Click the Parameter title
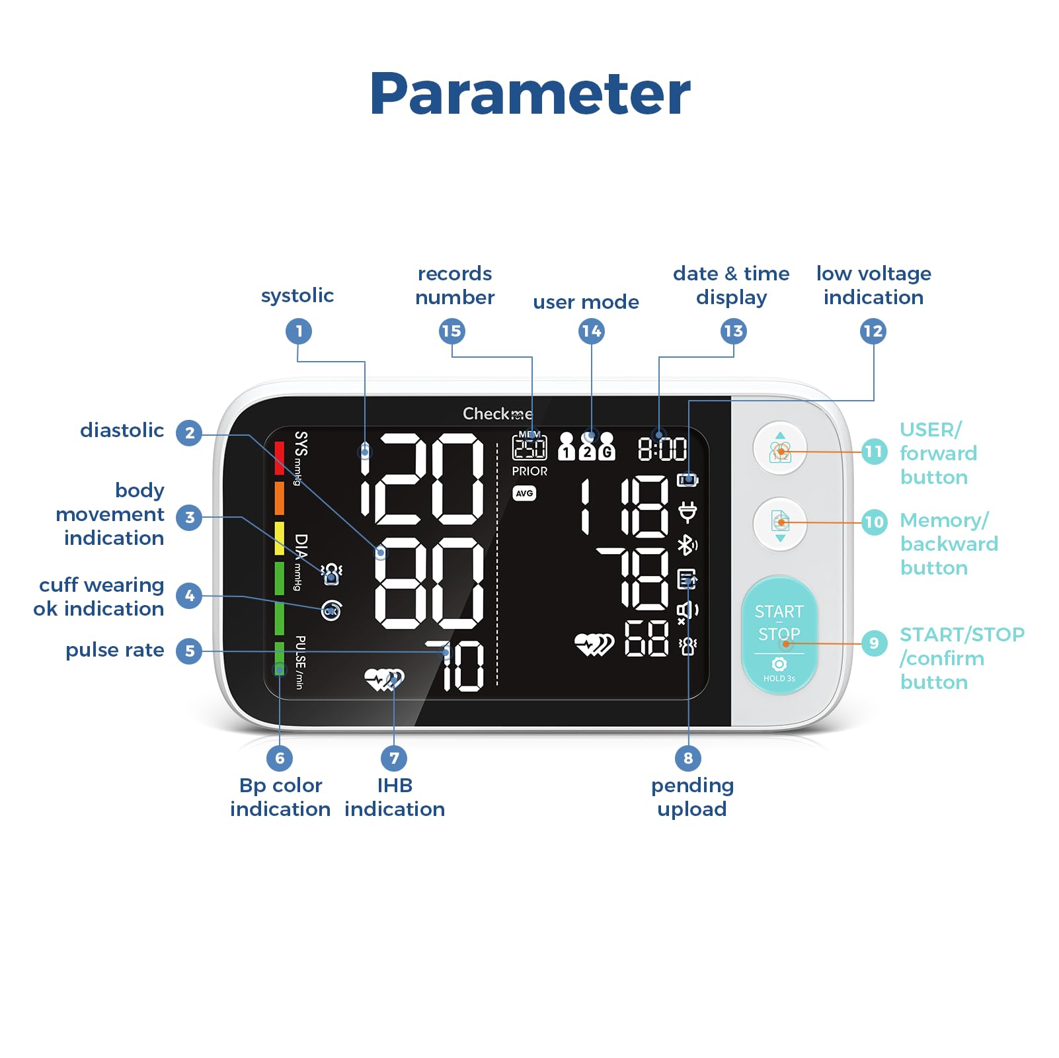529,94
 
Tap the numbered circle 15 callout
451,331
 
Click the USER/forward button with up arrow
780,448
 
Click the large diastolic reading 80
430,583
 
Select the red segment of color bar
280,458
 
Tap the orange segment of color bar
280,498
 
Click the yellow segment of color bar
280,538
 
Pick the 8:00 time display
662,450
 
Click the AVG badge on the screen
524,493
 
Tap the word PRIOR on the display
529,471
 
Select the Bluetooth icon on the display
687,546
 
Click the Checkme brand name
497,414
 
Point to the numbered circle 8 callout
688,758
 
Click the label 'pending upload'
692,797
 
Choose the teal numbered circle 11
874,452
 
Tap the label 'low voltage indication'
873,285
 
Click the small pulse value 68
647,639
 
